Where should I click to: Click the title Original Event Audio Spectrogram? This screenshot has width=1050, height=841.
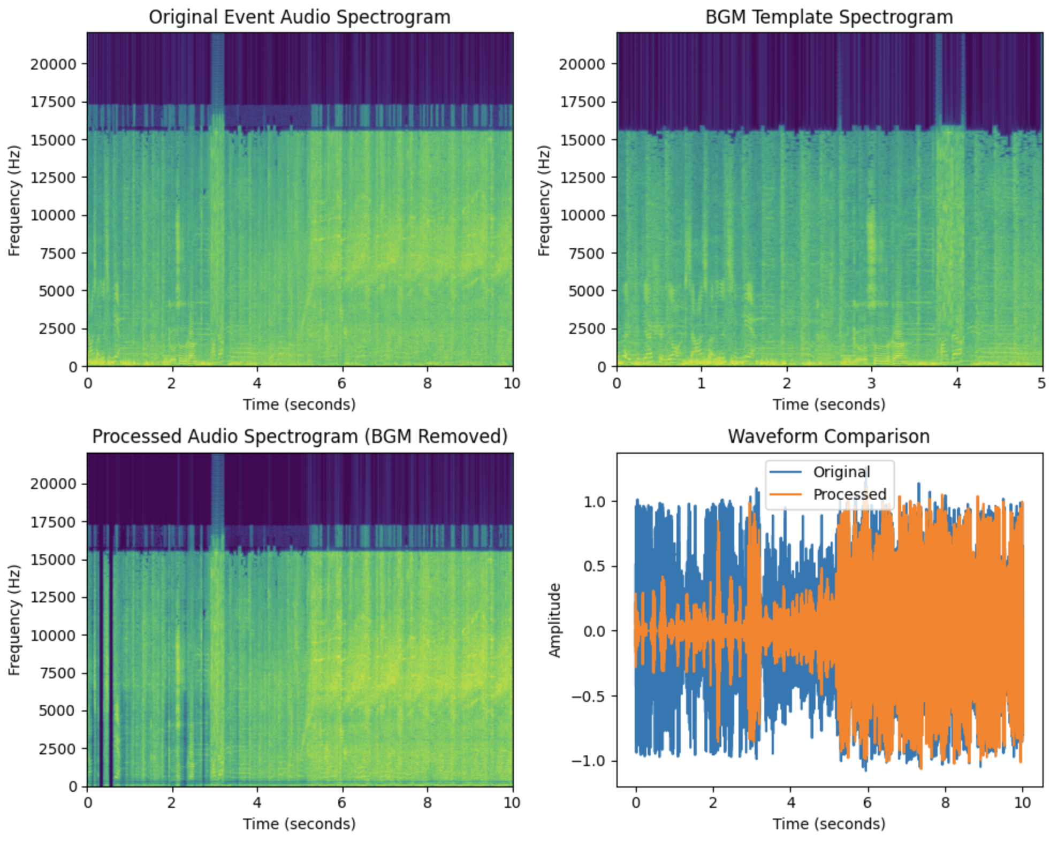tap(299, 17)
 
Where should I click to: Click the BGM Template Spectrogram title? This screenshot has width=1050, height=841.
tap(828, 17)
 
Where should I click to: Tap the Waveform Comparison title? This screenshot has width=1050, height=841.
tap(828, 437)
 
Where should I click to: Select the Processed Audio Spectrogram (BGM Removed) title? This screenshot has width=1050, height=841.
tap(299, 437)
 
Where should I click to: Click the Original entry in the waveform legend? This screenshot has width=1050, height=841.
tap(841, 472)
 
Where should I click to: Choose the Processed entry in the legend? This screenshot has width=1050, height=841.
tap(849, 494)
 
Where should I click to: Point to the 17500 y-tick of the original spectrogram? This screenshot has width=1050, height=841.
tap(53, 102)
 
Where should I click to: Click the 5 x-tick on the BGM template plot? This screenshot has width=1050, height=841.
tap(1041, 383)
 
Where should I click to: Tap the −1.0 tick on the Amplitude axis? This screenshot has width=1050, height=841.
tap(588, 761)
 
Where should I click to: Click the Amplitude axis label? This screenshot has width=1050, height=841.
tap(555, 620)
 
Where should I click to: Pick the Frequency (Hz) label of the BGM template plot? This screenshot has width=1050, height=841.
tap(544, 200)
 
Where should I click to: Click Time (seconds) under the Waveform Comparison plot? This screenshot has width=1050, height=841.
tap(828, 824)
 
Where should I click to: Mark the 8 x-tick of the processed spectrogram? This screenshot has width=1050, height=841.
tap(427, 802)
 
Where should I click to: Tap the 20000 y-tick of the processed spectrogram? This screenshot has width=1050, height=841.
tap(53, 484)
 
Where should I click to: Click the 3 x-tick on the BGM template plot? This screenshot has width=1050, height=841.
tap(871, 383)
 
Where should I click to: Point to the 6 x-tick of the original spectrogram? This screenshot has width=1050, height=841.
tap(342, 383)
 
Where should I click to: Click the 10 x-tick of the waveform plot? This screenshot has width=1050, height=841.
tap(1022, 802)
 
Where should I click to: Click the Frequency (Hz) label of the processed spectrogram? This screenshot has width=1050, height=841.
tap(14, 620)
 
